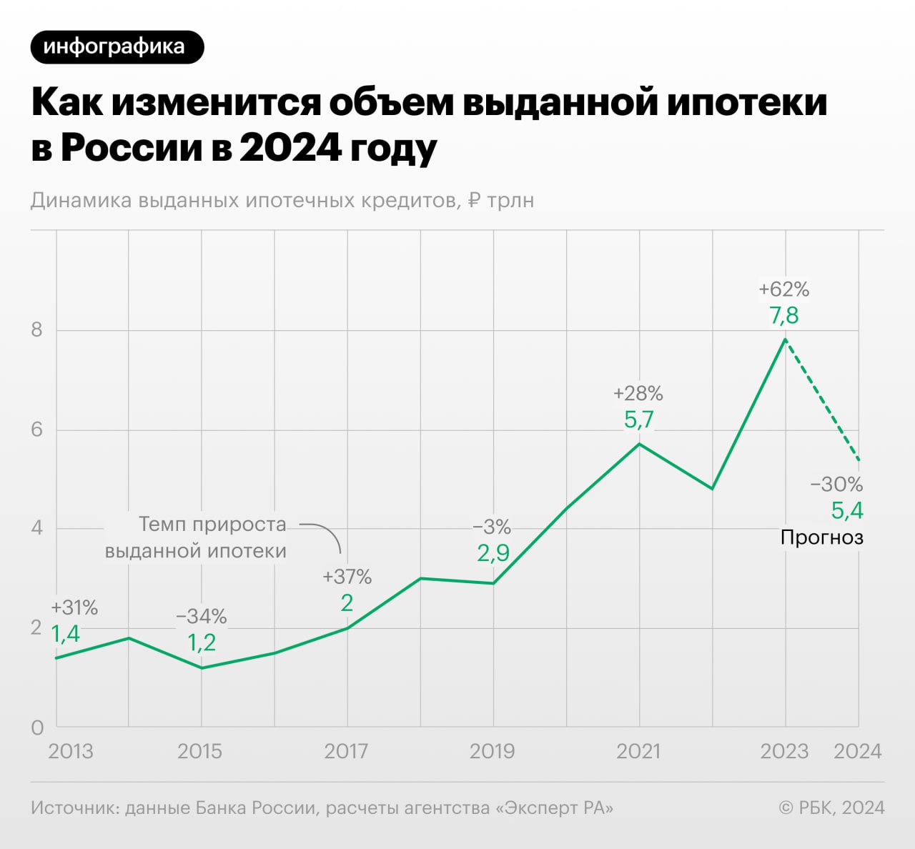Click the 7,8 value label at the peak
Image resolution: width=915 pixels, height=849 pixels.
[784, 315]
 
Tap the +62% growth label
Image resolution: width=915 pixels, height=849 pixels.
[784, 289]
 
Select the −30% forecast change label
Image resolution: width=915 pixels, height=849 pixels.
[836, 485]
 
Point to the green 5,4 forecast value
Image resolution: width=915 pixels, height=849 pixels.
[847, 510]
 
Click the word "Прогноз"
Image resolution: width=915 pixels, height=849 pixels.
[822, 537]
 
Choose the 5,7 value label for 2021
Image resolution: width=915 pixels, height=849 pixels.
[638, 419]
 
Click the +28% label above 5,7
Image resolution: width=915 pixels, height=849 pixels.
[638, 393]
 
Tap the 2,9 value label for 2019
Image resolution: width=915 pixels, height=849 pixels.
[493, 552]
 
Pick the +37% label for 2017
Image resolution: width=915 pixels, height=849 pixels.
[347, 577]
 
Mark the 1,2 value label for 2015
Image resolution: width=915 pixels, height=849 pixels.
[202, 642]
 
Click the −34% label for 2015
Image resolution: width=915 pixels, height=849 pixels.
[202, 616]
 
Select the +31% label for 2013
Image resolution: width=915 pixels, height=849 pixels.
[74, 608]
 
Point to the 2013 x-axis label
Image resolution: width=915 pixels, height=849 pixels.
[71, 751]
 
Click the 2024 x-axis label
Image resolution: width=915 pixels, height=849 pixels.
[858, 751]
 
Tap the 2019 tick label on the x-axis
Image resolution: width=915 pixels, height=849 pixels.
[493, 751]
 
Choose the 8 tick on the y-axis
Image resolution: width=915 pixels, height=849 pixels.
[37, 330]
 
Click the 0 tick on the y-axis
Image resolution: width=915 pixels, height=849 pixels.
[37, 728]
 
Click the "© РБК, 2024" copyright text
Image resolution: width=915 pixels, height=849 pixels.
[831, 808]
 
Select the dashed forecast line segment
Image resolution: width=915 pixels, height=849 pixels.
[822, 400]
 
